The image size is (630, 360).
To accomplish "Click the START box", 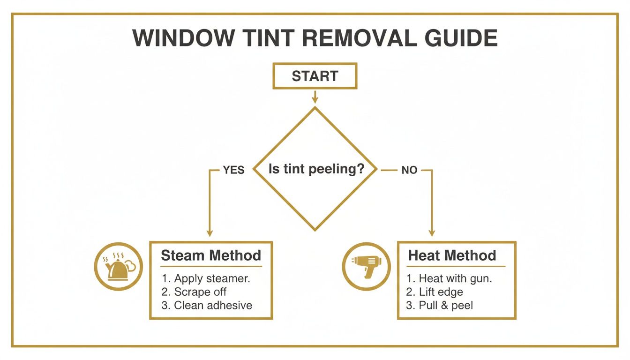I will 315,76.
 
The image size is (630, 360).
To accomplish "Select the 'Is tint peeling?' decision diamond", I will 315,169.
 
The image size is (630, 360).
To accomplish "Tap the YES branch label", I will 233,170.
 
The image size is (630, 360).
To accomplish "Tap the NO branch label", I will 409,170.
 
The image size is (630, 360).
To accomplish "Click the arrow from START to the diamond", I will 315,97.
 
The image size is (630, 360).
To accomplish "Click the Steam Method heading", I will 210,255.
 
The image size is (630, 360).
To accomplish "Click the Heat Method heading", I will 452,255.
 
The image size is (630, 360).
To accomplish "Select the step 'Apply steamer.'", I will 206,278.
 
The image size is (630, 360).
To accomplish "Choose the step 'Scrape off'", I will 194,292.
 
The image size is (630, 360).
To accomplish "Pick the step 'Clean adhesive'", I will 207,306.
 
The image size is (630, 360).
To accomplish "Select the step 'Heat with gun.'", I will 449,278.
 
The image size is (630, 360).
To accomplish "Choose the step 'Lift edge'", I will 435,292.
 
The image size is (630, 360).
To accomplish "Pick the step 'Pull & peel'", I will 440,306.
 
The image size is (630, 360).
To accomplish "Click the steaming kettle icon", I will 118,267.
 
